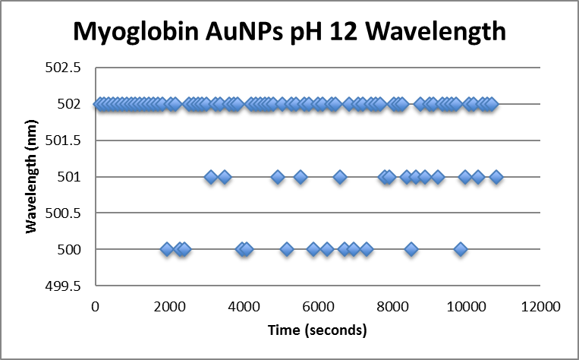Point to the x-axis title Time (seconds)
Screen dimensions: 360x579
click(317, 330)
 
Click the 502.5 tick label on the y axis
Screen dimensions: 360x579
click(66, 68)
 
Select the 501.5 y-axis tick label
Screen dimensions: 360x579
click(66, 141)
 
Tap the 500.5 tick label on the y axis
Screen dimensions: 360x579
click(66, 213)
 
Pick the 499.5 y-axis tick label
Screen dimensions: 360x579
click(66, 286)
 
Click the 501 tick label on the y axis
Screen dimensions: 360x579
click(73, 177)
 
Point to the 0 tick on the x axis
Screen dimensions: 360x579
click(95, 306)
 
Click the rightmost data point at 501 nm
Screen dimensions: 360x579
click(496, 177)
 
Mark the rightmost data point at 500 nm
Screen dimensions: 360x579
click(460, 249)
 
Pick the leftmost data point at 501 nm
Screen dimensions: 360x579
click(211, 177)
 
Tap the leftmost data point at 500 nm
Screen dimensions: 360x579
click(167, 249)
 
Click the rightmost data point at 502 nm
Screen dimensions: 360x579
click(491, 104)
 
